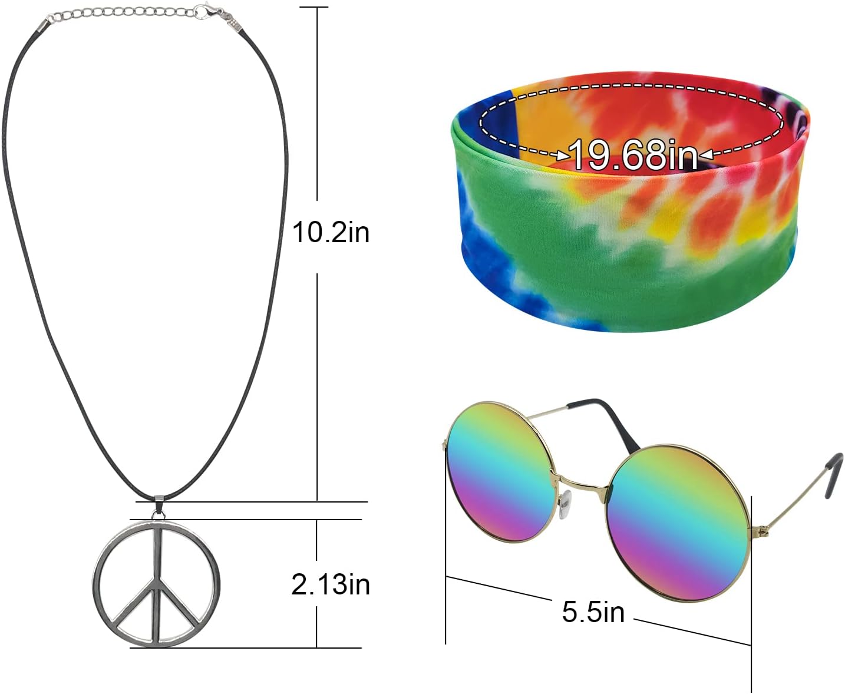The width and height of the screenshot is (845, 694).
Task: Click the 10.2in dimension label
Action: coord(331,233)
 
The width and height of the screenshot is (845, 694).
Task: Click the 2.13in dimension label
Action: coord(331,585)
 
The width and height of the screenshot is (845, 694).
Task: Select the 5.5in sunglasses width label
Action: coord(593,612)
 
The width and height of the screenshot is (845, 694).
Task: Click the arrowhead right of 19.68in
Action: coord(706,155)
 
